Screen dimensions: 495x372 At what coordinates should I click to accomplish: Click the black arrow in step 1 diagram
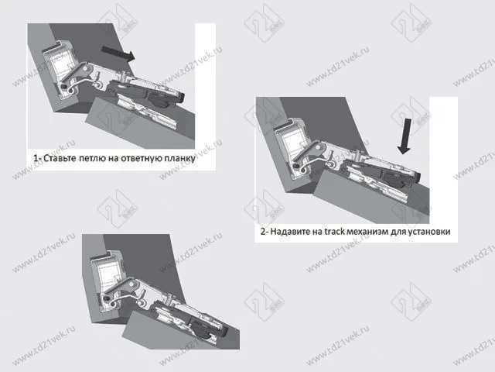[x=118, y=53]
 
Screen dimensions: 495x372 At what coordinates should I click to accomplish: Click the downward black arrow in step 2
[x=405, y=136]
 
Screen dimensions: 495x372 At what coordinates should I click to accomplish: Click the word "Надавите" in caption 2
[x=291, y=231]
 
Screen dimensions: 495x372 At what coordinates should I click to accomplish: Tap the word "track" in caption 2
[x=335, y=231]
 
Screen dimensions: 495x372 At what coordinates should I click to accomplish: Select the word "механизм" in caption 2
[x=367, y=232]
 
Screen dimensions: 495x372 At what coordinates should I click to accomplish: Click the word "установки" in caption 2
[x=429, y=232]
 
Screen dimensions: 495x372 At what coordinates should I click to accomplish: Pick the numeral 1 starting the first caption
[x=36, y=158]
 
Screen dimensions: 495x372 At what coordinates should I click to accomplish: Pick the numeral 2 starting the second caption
[x=263, y=231]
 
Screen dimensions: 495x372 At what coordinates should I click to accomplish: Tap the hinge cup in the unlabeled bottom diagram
[x=109, y=281]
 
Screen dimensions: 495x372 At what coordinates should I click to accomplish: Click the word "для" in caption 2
[x=398, y=232]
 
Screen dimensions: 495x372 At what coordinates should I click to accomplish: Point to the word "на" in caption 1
[x=114, y=158]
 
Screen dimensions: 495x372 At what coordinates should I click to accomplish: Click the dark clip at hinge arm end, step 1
[x=181, y=97]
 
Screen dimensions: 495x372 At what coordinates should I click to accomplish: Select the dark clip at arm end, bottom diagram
[x=226, y=332]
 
